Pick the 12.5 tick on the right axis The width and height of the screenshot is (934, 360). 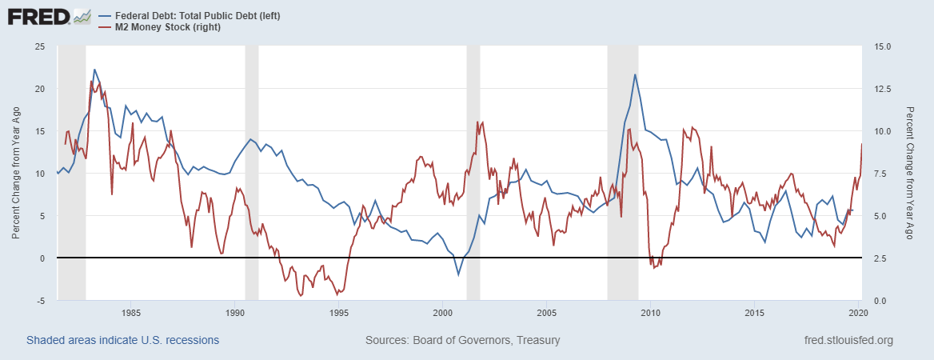pyautogui.click(x=876, y=89)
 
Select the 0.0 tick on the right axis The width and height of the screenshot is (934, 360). pyautogui.click(x=874, y=301)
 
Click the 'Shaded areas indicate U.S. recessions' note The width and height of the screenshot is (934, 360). pyautogui.click(x=122, y=340)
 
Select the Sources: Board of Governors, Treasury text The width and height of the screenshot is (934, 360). pyautogui.click(x=462, y=340)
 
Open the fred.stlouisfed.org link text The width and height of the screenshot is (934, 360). pyautogui.click(x=848, y=340)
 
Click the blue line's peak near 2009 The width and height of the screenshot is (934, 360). pyautogui.click(x=635, y=74)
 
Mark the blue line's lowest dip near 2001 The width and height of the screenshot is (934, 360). pyautogui.click(x=458, y=275)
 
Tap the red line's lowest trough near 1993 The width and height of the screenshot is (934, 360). pyautogui.click(x=301, y=296)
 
